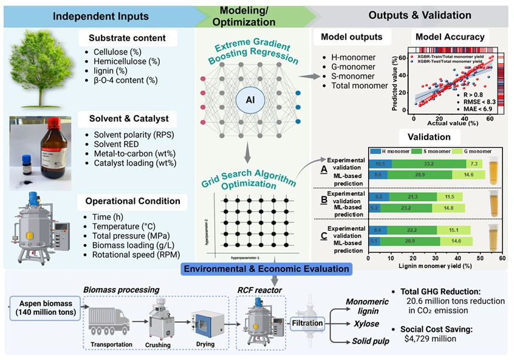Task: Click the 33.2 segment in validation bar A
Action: [x=428, y=164]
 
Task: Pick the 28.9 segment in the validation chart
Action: [x=419, y=174]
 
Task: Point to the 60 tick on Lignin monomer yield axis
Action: [x=502, y=258]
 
